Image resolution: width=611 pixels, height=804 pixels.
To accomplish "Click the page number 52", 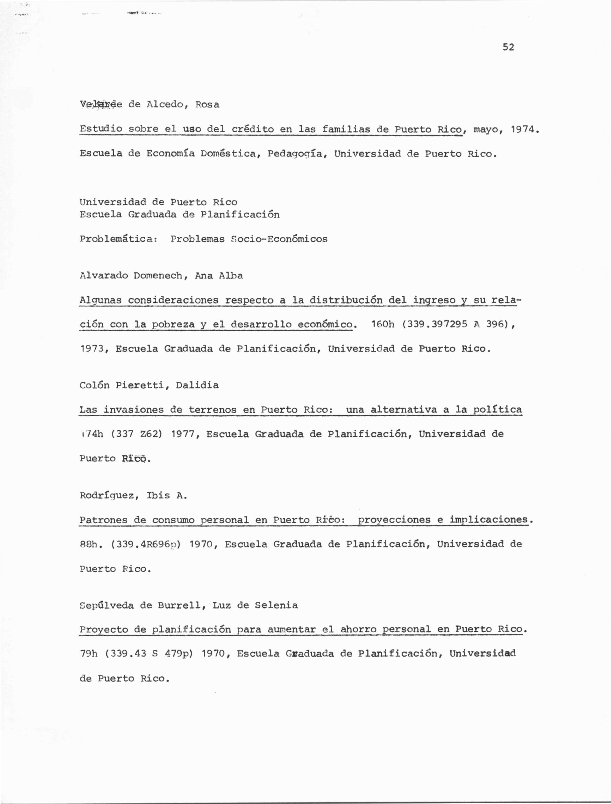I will point(508,47).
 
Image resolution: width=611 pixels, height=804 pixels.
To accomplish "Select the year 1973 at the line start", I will point(93,349).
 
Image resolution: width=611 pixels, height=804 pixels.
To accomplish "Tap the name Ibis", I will point(158,495).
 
